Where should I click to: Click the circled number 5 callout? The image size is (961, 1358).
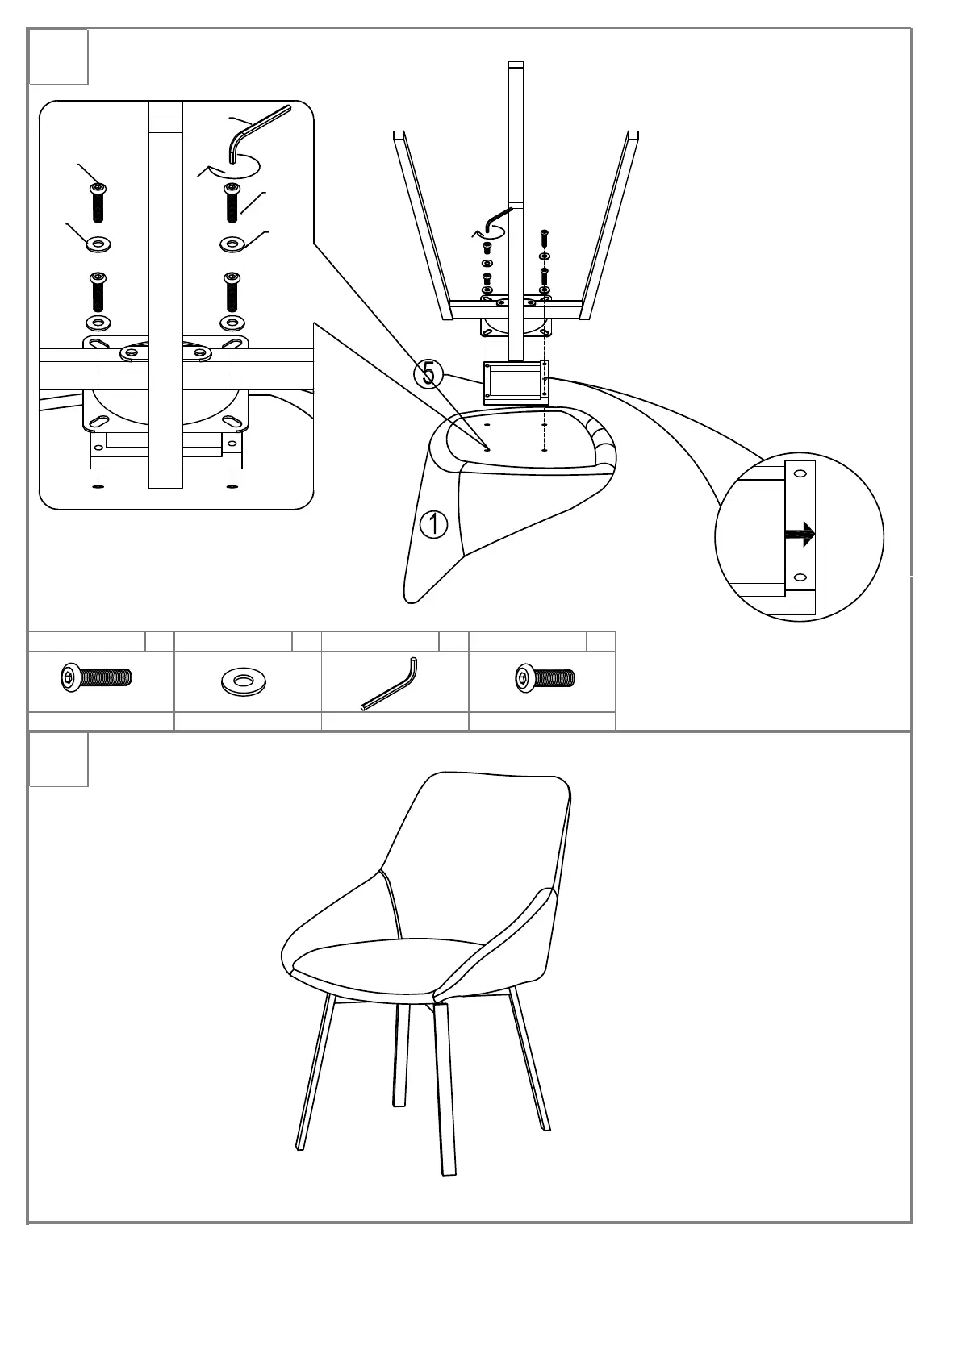pyautogui.click(x=428, y=373)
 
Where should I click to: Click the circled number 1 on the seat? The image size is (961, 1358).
pyautogui.click(x=433, y=524)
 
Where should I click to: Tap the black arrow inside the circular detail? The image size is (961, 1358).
pyautogui.click(x=800, y=533)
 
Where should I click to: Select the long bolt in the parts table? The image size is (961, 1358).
pyautogui.click(x=96, y=677)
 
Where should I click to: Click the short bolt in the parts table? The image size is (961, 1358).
pyautogui.click(x=545, y=678)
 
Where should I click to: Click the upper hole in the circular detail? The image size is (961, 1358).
pyautogui.click(x=800, y=473)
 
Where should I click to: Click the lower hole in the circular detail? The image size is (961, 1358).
pyautogui.click(x=800, y=577)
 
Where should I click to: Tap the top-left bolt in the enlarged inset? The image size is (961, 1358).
pyautogui.click(x=98, y=202)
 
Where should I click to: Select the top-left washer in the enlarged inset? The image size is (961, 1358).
pyautogui.click(x=98, y=244)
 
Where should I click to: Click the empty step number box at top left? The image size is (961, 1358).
pyautogui.click(x=59, y=56)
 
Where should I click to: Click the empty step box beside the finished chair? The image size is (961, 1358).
pyautogui.click(x=59, y=759)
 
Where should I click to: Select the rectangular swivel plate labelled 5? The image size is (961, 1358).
pyautogui.click(x=516, y=381)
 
